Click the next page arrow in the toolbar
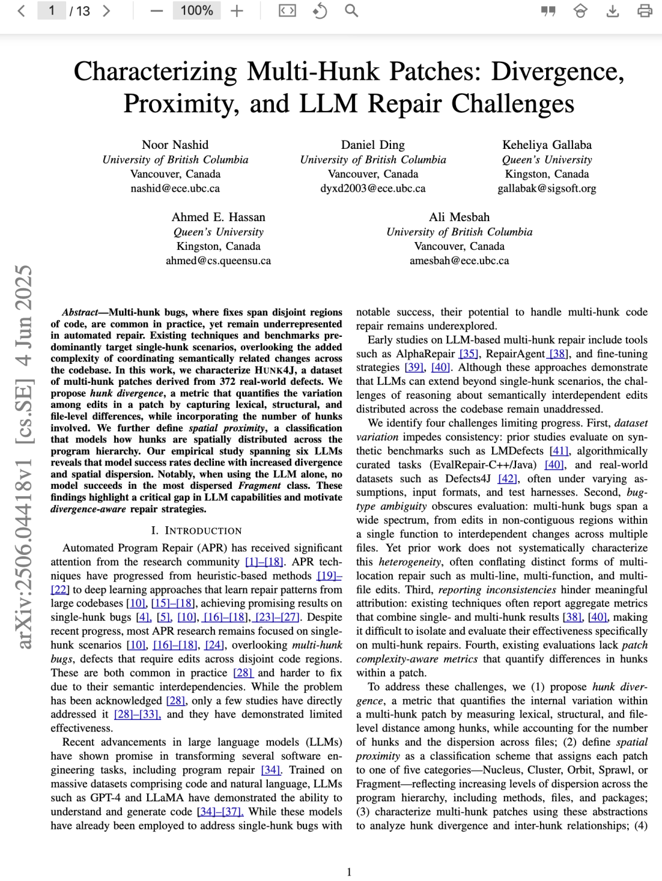coord(106,10)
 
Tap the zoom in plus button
coord(237,10)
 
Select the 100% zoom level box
coord(197,10)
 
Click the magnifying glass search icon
coord(351,10)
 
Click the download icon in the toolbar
coord(612,10)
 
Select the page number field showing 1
coord(51,10)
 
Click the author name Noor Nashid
coord(175,145)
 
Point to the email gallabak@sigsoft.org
coord(547,188)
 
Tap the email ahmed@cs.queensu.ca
coord(218,260)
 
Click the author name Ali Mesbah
coord(459,217)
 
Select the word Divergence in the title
coord(557,71)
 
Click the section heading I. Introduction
coord(196,531)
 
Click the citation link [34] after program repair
coord(270,769)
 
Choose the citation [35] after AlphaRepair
coord(469,354)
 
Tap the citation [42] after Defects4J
coord(508,478)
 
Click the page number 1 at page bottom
coord(349,871)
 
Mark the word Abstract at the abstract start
coord(80,312)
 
